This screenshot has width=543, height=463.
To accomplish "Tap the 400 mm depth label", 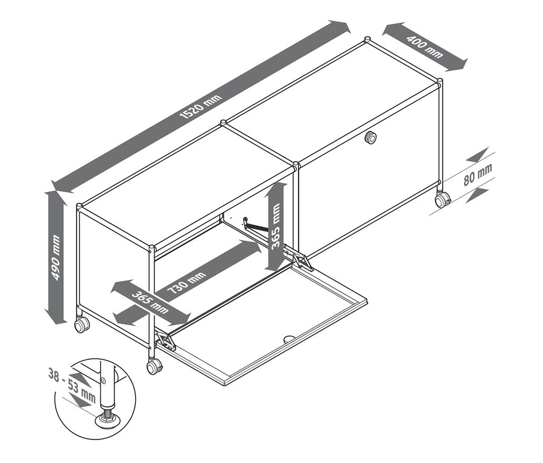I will click(x=425, y=46).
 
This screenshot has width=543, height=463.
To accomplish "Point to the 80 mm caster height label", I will click(x=477, y=174).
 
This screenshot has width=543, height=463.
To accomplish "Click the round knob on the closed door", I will click(x=370, y=139).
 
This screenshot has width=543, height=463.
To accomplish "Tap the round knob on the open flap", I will click(x=288, y=339).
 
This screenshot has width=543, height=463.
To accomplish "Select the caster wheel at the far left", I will click(x=80, y=325).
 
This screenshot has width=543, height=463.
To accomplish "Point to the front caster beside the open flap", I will click(x=154, y=366).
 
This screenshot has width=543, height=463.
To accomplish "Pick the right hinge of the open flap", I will click(x=302, y=261).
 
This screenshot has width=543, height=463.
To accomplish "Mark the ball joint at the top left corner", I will click(x=79, y=206).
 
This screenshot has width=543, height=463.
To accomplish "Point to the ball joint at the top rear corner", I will click(x=366, y=41).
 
